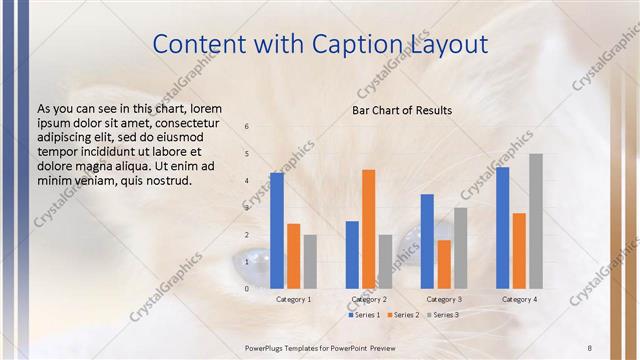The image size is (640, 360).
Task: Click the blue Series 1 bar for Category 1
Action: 277,231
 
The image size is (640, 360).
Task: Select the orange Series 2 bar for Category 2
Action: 369,229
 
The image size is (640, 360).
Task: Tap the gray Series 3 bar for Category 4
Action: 536,221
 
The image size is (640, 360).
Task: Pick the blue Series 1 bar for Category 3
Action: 427,241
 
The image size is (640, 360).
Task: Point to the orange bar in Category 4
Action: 519,250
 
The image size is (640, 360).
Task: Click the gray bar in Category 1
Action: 310,262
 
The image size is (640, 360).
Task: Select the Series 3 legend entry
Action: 444,315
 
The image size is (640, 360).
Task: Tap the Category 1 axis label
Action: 294,299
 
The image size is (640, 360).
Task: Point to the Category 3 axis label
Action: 444,299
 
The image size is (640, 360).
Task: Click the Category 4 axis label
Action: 519,299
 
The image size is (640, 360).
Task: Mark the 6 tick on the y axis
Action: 247,126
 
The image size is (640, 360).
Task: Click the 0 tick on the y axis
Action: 247,289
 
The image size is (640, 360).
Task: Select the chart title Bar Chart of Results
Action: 402,110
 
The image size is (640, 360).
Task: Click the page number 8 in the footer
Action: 590,346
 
